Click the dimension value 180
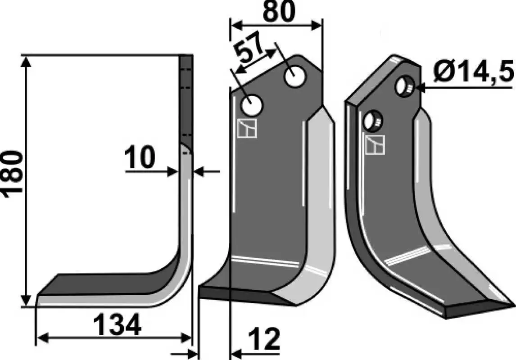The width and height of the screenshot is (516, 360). (13, 174)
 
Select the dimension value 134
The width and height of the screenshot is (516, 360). (117, 324)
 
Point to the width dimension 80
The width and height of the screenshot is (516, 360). (279, 11)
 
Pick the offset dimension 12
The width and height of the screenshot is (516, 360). (264, 339)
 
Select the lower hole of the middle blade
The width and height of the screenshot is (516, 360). (252, 105)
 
